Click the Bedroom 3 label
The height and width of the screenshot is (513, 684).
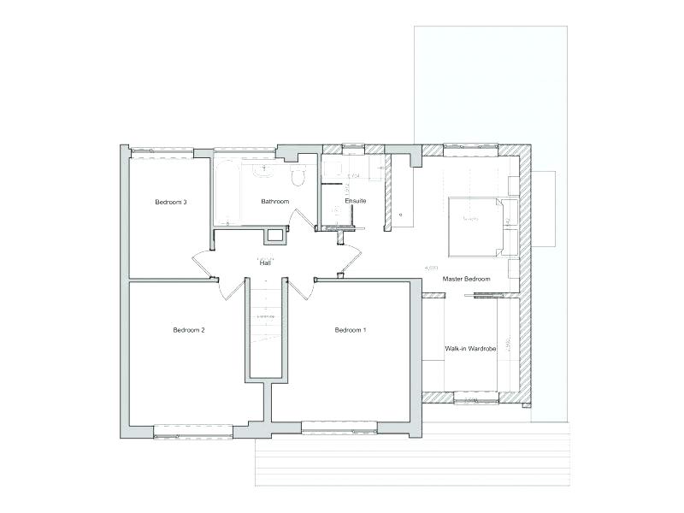click(x=171, y=203)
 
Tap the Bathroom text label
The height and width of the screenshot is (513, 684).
click(x=275, y=202)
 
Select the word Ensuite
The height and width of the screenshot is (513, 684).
click(x=356, y=201)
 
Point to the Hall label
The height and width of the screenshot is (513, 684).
click(x=265, y=263)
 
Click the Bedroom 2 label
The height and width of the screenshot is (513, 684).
click(x=188, y=330)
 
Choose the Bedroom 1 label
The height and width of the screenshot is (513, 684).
click(x=351, y=330)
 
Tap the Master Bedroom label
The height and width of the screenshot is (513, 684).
click(x=466, y=280)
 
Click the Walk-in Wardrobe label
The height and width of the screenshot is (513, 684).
click(x=471, y=349)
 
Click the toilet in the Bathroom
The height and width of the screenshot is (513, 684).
click(x=298, y=176)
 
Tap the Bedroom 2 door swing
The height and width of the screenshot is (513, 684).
click(x=229, y=289)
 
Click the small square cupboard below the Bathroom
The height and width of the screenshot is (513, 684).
click(x=275, y=236)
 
